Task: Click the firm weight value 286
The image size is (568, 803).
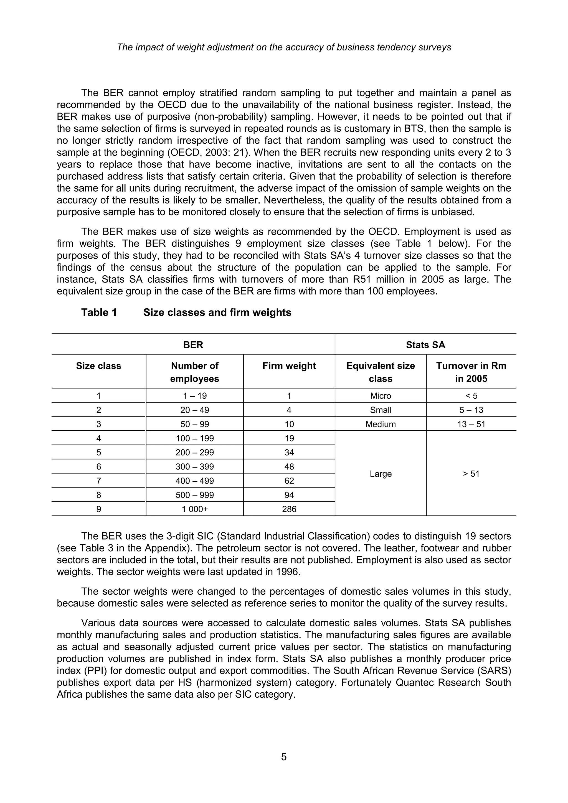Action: [289, 509]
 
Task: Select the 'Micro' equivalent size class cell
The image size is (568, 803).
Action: [381, 396]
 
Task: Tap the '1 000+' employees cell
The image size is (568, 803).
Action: [194, 509]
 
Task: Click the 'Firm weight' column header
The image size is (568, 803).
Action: [289, 366]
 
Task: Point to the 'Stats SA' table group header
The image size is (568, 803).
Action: [425, 345]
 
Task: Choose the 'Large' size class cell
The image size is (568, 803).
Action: [381, 474]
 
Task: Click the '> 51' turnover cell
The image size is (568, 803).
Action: [471, 474]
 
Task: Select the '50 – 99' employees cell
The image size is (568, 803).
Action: [194, 424]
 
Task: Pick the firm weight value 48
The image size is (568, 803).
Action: [289, 467]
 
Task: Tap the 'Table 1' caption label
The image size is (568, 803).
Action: [99, 312]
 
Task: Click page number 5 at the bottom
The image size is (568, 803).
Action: [284, 757]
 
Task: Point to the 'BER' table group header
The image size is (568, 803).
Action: [193, 345]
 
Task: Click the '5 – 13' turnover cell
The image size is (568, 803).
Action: [471, 410]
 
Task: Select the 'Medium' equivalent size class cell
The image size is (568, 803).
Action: [381, 424]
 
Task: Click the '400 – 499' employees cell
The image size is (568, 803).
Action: [194, 481]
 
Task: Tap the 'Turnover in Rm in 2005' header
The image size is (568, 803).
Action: [471, 372]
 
